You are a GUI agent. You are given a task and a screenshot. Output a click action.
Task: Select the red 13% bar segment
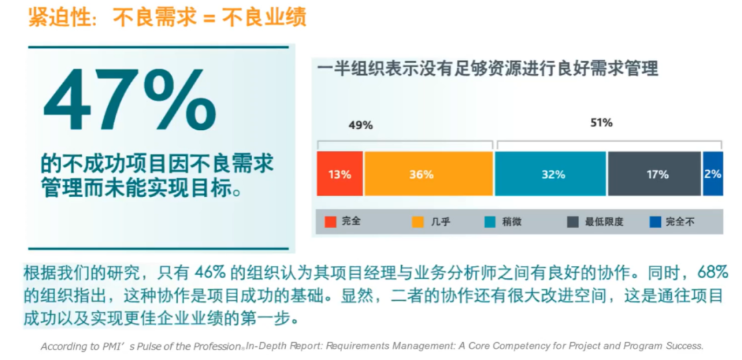click(339, 175)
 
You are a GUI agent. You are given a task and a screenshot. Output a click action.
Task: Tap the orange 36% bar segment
click(428, 175)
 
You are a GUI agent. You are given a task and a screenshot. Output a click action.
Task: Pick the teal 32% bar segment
click(550, 175)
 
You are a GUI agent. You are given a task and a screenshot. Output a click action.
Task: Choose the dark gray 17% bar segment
click(654, 175)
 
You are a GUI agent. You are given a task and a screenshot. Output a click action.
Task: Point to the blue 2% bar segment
click(712, 175)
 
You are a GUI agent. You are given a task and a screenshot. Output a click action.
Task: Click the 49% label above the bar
click(361, 125)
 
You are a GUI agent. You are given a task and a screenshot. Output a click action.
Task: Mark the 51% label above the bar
click(601, 123)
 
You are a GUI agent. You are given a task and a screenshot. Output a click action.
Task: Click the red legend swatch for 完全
click(330, 222)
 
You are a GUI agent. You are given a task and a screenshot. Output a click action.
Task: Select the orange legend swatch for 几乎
click(418, 222)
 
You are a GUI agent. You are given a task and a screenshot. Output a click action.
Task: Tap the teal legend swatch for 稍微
click(491, 222)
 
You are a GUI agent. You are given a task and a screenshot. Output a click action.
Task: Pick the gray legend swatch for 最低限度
click(572, 222)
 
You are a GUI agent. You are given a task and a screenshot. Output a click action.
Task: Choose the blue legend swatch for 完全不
click(655, 222)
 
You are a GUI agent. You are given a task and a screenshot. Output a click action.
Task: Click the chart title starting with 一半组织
click(488, 69)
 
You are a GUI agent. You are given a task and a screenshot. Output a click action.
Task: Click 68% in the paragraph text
click(712, 271)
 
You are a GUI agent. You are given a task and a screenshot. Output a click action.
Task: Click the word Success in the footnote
click(682, 346)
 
